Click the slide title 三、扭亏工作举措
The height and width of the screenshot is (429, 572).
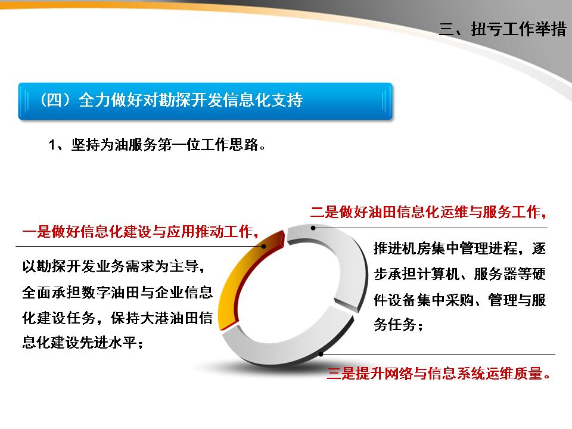502,30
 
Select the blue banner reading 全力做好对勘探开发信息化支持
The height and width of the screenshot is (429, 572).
205,100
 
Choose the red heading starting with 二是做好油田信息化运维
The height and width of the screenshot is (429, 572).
428,212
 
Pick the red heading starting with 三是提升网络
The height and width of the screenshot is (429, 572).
438,374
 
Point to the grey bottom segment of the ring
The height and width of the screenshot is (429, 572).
280,352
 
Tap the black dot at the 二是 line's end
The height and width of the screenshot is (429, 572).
312,228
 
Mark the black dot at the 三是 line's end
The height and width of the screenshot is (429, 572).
321,355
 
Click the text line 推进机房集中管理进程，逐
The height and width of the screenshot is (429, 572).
460,248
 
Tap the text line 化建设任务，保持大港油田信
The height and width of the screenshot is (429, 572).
117,318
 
